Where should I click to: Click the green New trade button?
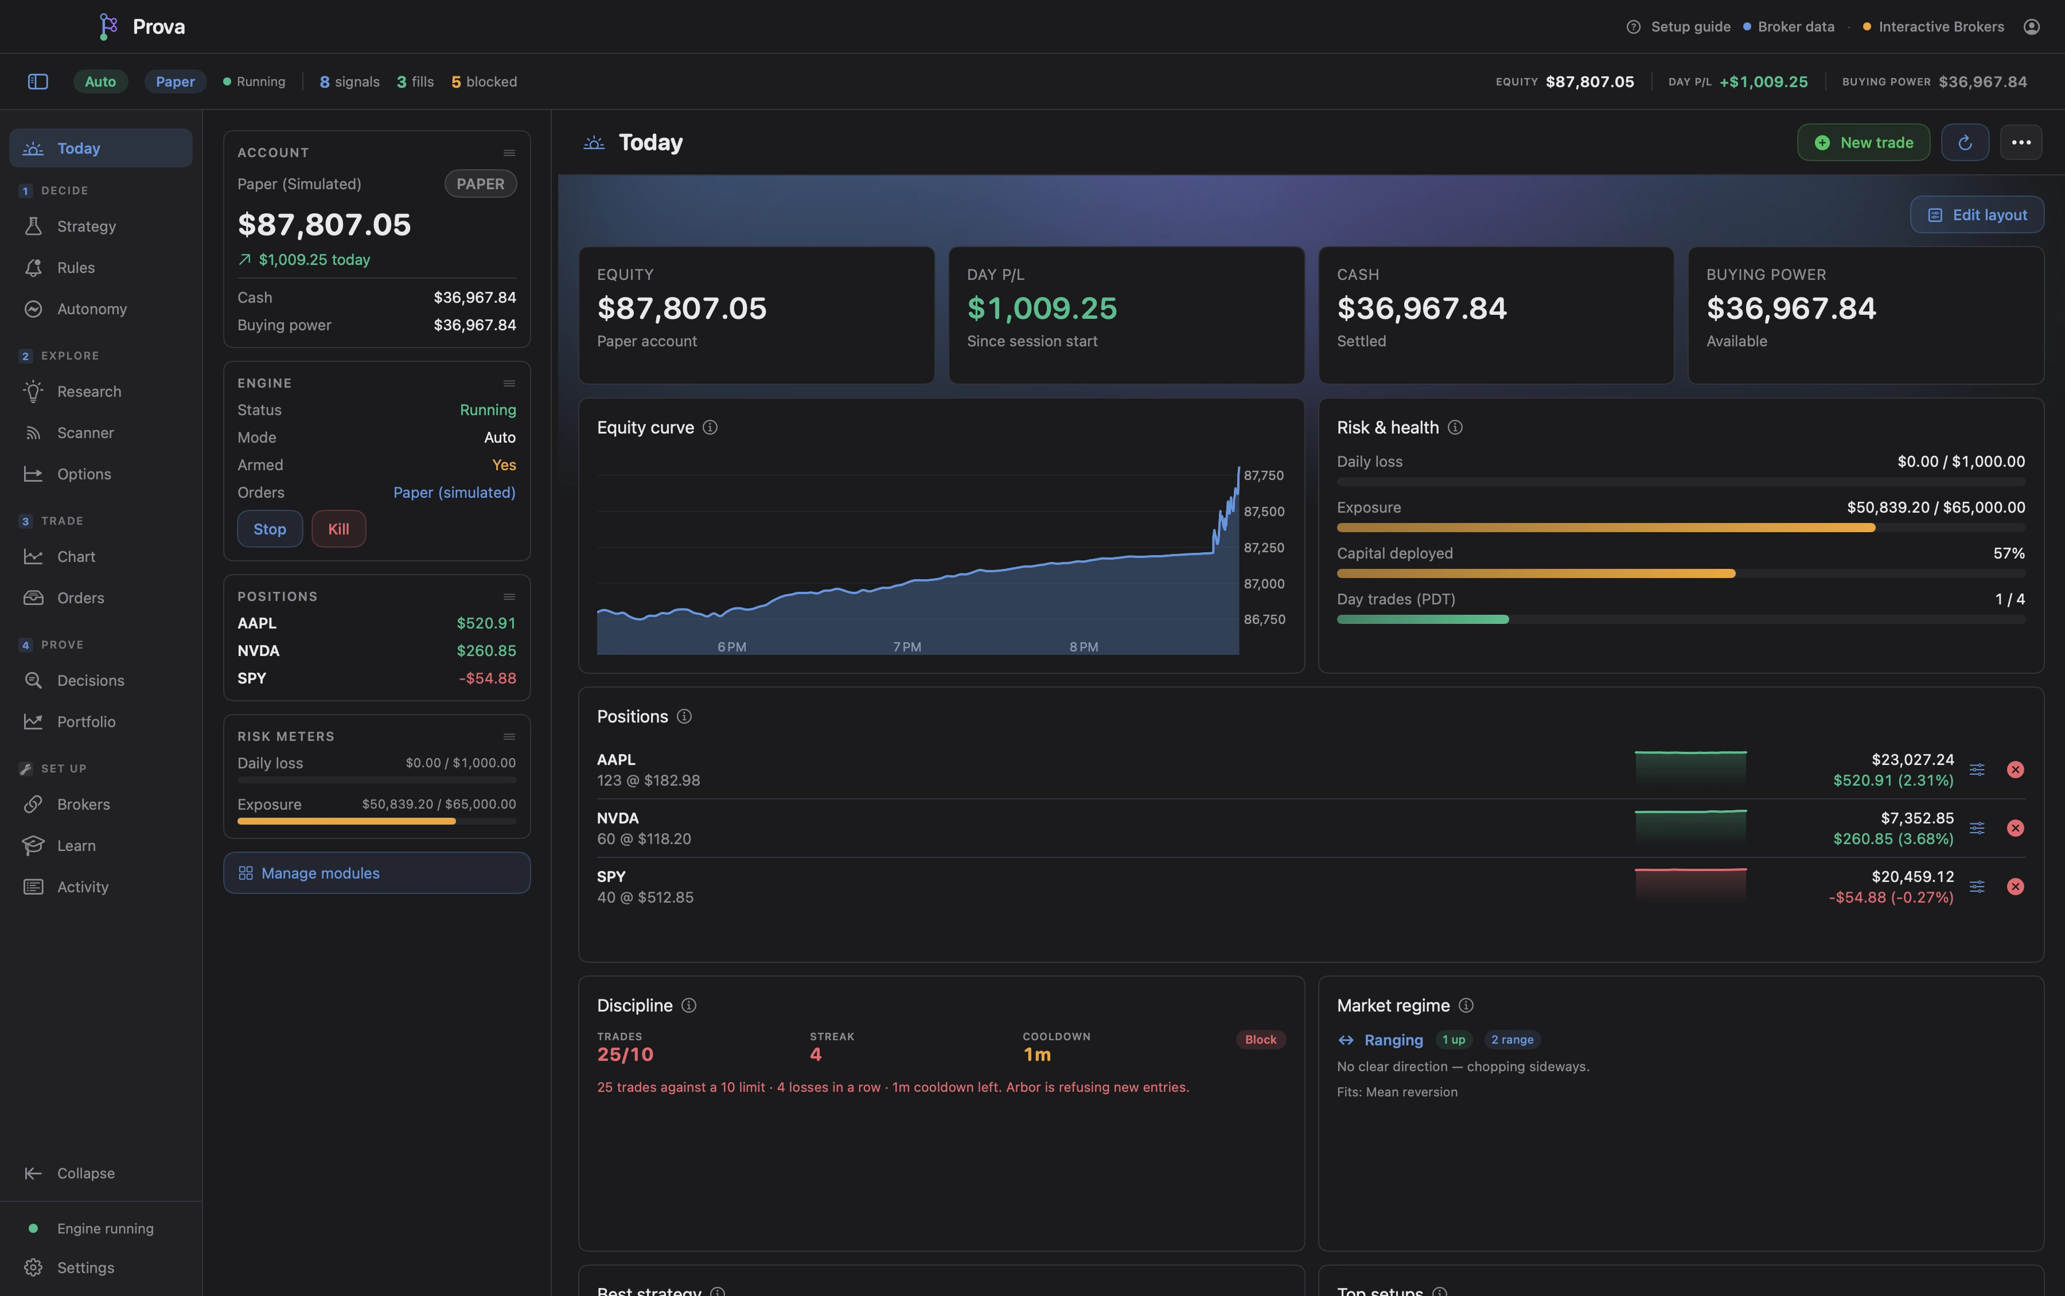1863,142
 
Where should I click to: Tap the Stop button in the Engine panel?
269,529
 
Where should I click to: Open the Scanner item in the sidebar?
85,433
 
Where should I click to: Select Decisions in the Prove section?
90,681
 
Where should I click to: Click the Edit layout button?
1977,215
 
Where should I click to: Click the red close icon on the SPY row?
2015,887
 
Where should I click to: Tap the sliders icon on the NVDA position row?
1977,828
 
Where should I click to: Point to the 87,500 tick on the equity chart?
1264,512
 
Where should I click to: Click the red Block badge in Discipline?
1260,1040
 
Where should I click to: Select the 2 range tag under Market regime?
1512,1040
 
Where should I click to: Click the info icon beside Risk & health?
1455,428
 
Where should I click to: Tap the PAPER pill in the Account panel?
480,184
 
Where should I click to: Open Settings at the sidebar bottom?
85,1268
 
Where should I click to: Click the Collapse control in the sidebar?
85,1173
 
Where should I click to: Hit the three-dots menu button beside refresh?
2020,142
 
